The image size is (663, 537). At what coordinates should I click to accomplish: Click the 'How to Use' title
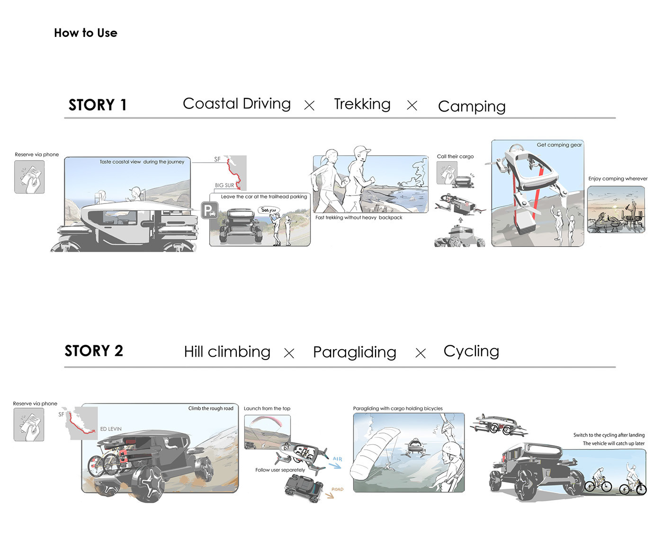point(85,33)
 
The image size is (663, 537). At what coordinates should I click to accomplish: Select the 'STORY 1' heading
point(98,105)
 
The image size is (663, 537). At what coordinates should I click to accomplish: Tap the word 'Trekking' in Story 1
point(362,104)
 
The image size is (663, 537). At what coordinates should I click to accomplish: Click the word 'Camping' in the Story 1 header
point(472,106)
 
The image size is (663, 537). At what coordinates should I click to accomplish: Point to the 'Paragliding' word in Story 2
point(354,352)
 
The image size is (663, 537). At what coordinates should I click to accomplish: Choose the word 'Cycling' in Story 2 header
point(471,351)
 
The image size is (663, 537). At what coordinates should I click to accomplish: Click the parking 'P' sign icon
point(209,210)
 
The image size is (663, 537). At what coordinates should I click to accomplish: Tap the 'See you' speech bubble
point(269,210)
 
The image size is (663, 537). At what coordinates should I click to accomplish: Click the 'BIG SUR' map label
point(224,185)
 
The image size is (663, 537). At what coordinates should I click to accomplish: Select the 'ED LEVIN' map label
point(111,429)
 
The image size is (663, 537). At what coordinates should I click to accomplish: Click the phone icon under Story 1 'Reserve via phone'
point(29,177)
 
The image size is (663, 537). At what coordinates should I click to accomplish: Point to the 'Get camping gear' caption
point(559,145)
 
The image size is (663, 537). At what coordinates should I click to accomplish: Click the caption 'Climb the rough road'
point(211,408)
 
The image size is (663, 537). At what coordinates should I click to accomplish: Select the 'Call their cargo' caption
point(455,156)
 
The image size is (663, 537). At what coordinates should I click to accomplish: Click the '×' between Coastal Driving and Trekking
point(309,105)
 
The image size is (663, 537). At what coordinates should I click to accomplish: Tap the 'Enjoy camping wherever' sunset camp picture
point(616,210)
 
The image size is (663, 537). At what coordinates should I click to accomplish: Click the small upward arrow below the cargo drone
point(460,220)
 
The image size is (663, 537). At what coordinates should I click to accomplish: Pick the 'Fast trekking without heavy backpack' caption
point(358,218)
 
